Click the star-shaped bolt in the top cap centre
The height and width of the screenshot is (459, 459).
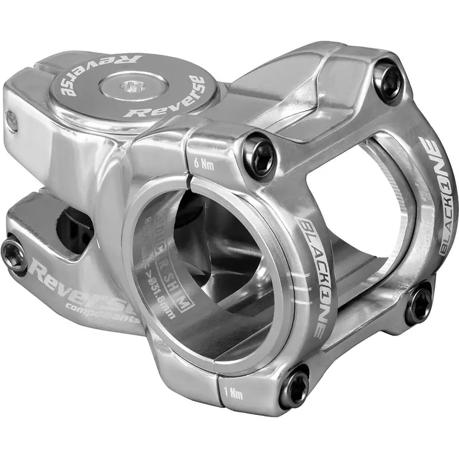pyautogui.click(x=131, y=87)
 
